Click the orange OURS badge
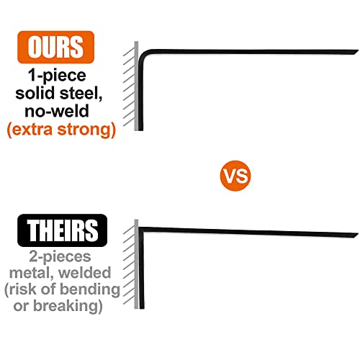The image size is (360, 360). click(x=55, y=47)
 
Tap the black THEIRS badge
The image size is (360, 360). click(x=62, y=230)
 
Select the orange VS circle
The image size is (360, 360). click(x=235, y=176)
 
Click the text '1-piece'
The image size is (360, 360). click(x=57, y=76)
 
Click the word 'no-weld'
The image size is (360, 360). click(x=57, y=111)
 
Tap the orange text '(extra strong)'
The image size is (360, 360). click(x=61, y=130)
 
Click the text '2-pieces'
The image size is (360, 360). click(x=60, y=257)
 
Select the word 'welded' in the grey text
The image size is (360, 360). click(x=85, y=273)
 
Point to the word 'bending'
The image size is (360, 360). click(x=90, y=289)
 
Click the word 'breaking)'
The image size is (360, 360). click(x=68, y=305)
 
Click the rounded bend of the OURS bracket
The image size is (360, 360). click(x=143, y=55)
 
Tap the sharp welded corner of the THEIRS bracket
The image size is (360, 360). click(x=141, y=229)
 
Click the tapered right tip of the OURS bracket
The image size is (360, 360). click(x=356, y=52)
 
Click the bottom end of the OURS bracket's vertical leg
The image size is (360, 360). click(x=140, y=130)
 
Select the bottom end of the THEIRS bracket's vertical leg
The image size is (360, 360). click(x=142, y=307)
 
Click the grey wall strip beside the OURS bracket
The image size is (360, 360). click(x=136, y=86)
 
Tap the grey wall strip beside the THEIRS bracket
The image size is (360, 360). click(x=136, y=264)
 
